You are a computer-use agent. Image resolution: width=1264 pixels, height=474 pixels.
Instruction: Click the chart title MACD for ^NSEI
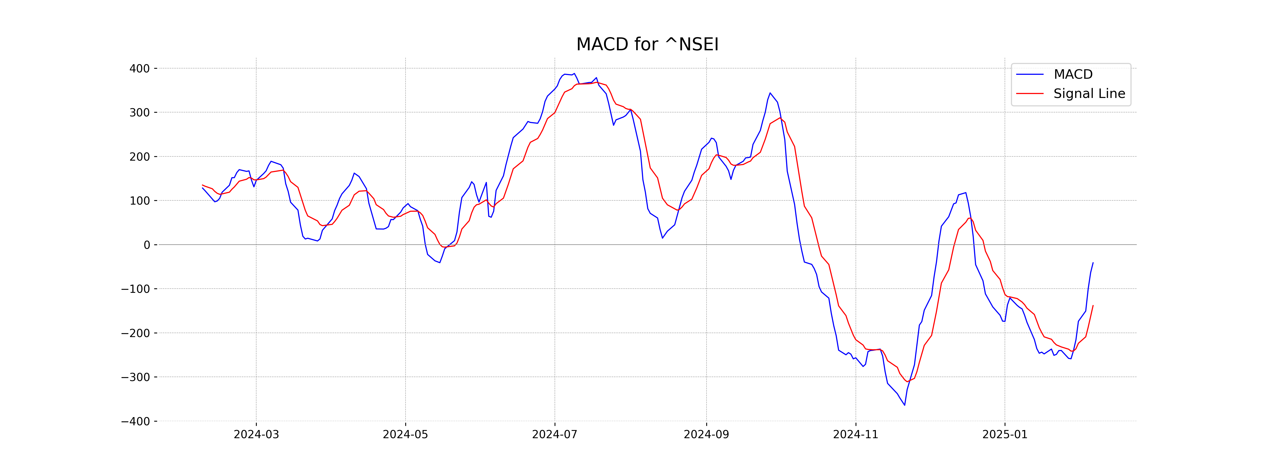647,45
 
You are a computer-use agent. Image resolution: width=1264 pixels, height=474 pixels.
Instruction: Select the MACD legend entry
1073,75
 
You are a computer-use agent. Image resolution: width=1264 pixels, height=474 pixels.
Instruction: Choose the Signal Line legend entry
1089,94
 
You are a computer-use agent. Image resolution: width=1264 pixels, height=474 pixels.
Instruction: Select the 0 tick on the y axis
147,245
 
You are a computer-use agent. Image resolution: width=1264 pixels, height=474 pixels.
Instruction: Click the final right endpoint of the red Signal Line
1093,305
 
